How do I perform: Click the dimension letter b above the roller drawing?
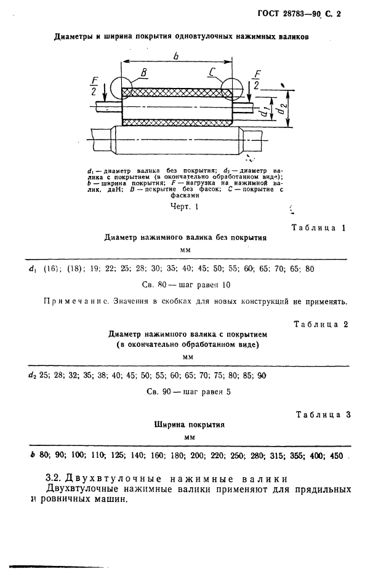177,57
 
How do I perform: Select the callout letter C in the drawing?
211,73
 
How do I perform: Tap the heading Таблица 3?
323,415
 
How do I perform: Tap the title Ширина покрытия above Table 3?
187,424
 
